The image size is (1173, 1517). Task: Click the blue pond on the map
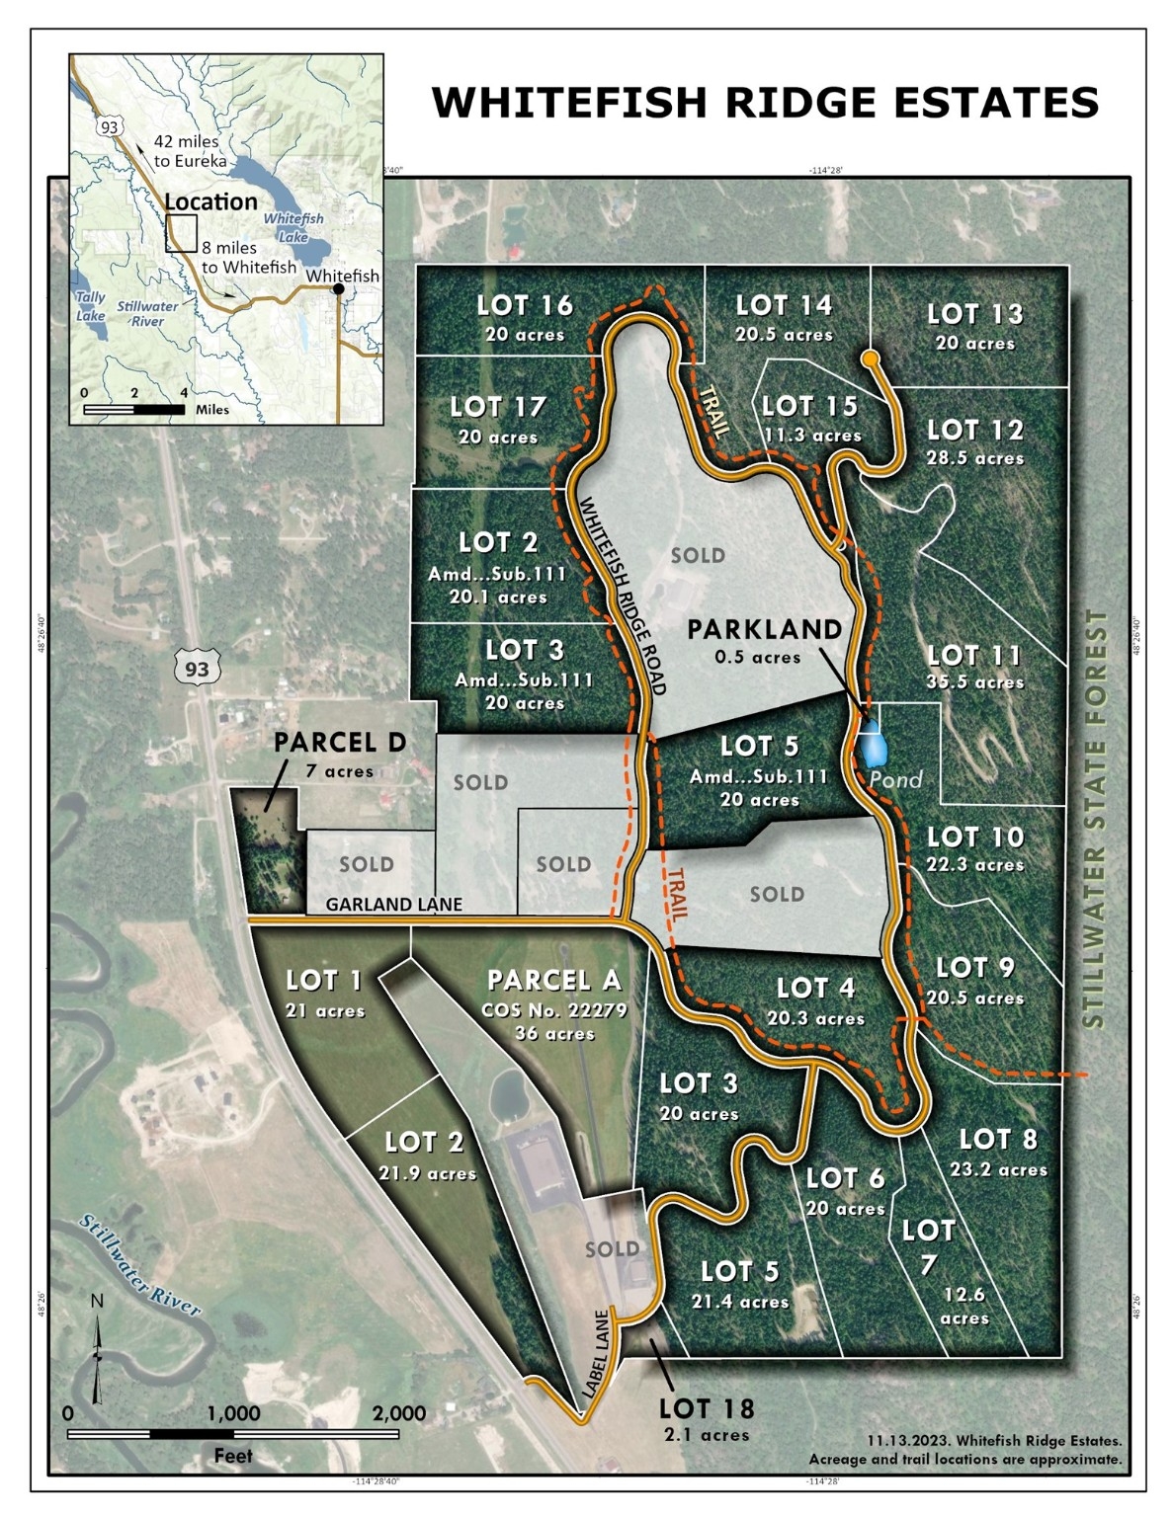tap(872, 748)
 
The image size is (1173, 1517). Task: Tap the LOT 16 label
tap(525, 306)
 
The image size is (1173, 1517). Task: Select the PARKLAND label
tap(765, 629)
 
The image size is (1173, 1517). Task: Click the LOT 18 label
tap(706, 1409)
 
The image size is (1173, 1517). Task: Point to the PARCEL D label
tap(340, 743)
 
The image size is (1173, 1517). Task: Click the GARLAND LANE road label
tap(393, 904)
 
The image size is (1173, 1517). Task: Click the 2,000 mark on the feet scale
tap(398, 1413)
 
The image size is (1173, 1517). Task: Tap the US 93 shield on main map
tap(197, 669)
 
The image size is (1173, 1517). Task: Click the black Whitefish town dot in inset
tap(339, 288)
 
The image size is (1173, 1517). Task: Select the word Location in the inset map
tap(210, 202)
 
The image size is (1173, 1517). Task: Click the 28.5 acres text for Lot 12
tap(974, 458)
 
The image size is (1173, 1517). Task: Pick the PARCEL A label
tap(553, 981)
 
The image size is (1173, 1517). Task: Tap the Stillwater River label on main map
tap(140, 1268)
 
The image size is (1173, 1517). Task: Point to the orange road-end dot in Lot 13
tap(870, 359)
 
